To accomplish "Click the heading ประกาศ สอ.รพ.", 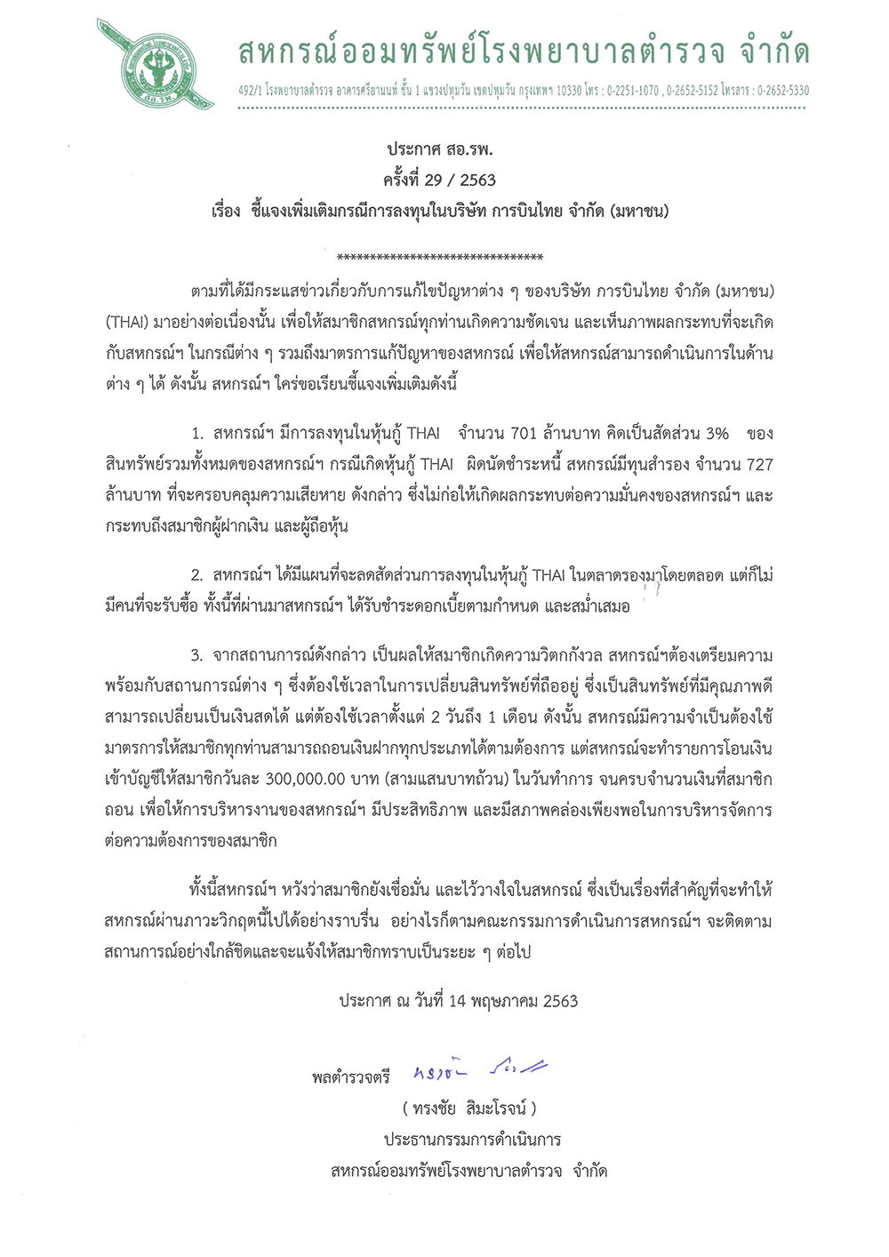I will click(x=439, y=149).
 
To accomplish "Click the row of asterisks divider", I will click(x=440, y=258).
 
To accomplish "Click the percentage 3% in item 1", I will click(x=717, y=434).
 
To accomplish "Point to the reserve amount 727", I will click(x=757, y=464).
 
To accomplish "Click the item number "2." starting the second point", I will click(x=196, y=576).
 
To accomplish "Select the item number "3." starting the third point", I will click(x=196, y=656).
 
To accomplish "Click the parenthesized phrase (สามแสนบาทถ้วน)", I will click(x=446, y=780).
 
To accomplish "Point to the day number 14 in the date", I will click(x=457, y=1001).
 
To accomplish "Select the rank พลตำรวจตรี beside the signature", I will click(x=351, y=1077).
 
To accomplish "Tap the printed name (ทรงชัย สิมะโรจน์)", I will click(x=469, y=1109).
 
